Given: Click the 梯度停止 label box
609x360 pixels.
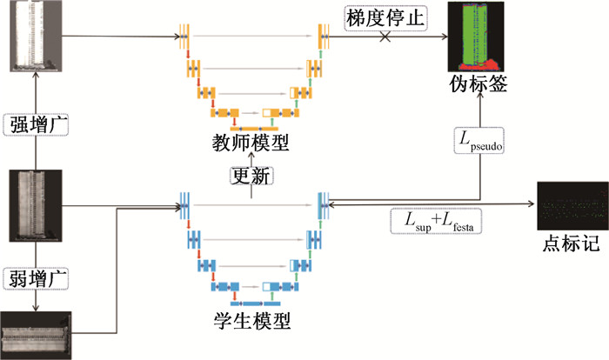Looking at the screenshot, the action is coord(385,18).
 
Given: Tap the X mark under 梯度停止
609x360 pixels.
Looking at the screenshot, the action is coord(385,37).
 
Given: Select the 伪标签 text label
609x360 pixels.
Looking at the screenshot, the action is coord(478,83).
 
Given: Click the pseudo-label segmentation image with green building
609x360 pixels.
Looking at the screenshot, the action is coord(476,37).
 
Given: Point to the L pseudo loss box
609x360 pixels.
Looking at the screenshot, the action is coord(479,140).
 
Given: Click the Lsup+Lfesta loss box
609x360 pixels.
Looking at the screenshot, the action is coord(436,222).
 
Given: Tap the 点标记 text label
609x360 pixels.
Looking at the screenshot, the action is coord(571,243).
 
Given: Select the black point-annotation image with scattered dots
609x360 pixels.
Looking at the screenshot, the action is coord(572,206).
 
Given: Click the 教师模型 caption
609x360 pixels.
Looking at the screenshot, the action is coord(251,143).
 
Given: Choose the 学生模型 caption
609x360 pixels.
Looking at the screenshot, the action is coord(251,321).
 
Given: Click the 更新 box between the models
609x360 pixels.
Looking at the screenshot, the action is coord(251,176).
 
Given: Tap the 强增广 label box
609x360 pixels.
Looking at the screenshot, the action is coord(36,124).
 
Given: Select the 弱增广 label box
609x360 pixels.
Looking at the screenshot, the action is coord(36,278).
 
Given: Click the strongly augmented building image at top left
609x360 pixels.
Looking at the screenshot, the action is coord(36,37).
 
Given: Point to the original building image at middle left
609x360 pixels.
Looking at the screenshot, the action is coord(36,206).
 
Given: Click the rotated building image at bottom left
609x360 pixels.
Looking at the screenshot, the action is coord(36,336).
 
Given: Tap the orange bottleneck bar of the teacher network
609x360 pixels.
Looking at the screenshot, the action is coord(254,129).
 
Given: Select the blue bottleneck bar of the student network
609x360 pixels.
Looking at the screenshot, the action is coord(255,303).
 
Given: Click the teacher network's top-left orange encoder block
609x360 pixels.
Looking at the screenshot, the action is coord(184,37).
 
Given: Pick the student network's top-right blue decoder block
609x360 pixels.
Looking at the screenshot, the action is coord(324,205).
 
